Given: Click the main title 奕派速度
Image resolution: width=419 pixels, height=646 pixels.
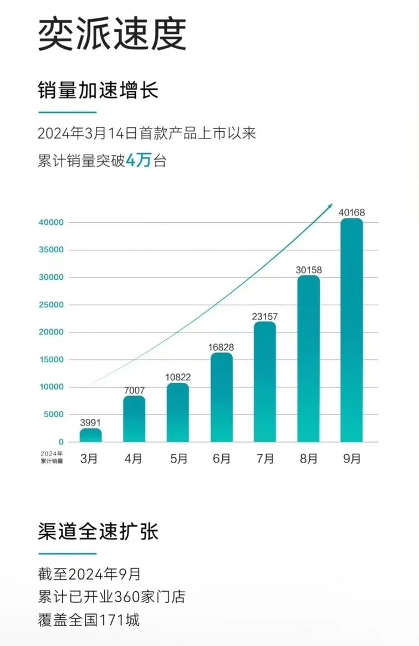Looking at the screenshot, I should [x=111, y=34].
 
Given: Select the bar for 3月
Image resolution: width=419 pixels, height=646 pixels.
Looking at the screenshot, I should [x=90, y=435].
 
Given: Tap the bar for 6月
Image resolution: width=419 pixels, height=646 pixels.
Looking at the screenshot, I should [x=222, y=398].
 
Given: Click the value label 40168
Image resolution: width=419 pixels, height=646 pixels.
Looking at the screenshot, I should [x=351, y=212].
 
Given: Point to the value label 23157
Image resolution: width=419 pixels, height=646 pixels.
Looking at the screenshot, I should [x=265, y=317].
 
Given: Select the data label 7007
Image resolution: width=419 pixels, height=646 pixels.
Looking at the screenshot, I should [x=134, y=391].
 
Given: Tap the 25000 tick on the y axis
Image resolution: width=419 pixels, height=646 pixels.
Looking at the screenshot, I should [x=51, y=305].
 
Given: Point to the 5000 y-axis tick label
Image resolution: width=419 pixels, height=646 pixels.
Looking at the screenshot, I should [x=53, y=414].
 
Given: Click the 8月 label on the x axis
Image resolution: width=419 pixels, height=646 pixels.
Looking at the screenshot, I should [x=308, y=459].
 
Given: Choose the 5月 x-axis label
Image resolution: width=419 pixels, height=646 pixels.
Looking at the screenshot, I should [x=178, y=459].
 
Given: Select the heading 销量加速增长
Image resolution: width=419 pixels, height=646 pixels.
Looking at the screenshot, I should [x=98, y=90].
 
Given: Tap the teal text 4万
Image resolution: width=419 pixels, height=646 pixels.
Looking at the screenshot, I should [x=139, y=161].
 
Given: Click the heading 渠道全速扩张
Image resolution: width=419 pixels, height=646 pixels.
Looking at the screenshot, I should [x=98, y=531].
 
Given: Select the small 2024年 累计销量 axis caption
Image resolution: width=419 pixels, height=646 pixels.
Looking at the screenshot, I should [x=52, y=457].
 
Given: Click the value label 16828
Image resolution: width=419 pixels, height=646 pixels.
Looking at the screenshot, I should [x=222, y=347].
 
